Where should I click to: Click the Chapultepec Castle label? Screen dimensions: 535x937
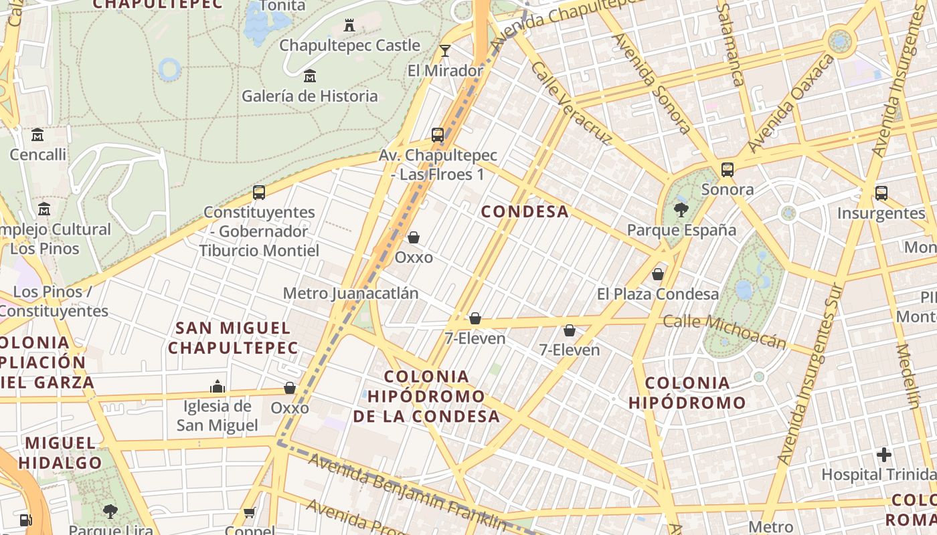tap(349, 45)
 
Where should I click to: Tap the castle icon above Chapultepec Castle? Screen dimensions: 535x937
tap(349, 25)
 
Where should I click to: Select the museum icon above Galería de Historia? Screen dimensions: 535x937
tap(309, 76)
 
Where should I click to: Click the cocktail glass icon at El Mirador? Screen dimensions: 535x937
tap(445, 51)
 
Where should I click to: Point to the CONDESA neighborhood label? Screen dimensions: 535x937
tap(525, 212)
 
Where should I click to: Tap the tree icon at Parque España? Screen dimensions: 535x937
tap(681, 210)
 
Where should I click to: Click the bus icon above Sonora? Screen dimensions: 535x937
tap(728, 170)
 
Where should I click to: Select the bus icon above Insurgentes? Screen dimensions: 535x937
tap(881, 193)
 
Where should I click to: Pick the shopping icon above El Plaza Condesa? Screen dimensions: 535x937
tap(658, 274)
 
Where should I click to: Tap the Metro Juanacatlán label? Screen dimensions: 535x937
tap(350, 294)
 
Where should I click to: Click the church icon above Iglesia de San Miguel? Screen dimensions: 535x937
tap(217, 387)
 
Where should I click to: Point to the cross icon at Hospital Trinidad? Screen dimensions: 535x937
tap(884, 455)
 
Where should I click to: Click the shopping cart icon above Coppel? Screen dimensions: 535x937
tap(250, 513)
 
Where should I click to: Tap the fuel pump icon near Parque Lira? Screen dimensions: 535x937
tap(25, 519)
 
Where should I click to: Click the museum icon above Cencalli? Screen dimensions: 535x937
tap(37, 135)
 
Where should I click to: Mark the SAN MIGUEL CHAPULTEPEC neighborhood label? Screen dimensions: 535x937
tap(233, 338)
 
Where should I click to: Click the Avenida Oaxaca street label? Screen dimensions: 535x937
tap(790, 103)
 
